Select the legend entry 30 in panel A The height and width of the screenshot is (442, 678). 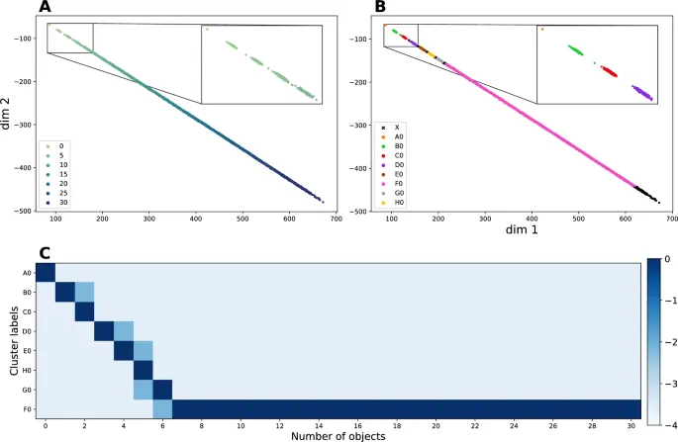click(63, 202)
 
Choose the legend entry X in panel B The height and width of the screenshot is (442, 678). click(396, 128)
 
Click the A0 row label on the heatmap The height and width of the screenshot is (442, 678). click(27, 273)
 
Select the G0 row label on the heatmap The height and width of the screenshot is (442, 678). click(27, 391)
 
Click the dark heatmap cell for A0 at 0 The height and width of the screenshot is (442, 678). click(46, 273)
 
